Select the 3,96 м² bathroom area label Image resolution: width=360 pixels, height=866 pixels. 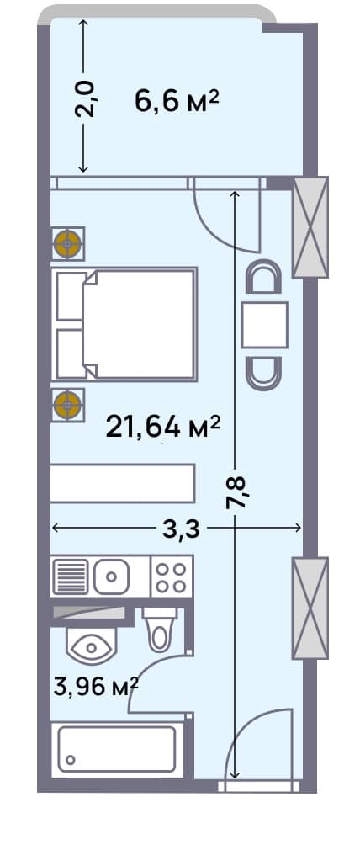click(x=95, y=687)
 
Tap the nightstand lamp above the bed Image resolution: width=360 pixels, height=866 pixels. click(x=67, y=244)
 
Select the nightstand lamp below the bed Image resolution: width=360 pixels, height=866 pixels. click(x=67, y=405)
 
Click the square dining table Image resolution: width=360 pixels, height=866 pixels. click(x=265, y=325)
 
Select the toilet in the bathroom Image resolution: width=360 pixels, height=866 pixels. click(x=158, y=629)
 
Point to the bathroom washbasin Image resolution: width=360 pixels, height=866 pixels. click(x=91, y=646)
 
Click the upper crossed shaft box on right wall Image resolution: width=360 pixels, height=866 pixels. click(x=309, y=227)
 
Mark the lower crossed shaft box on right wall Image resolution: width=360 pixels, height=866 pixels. click(x=309, y=608)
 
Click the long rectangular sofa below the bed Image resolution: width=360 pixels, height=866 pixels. click(x=123, y=484)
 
